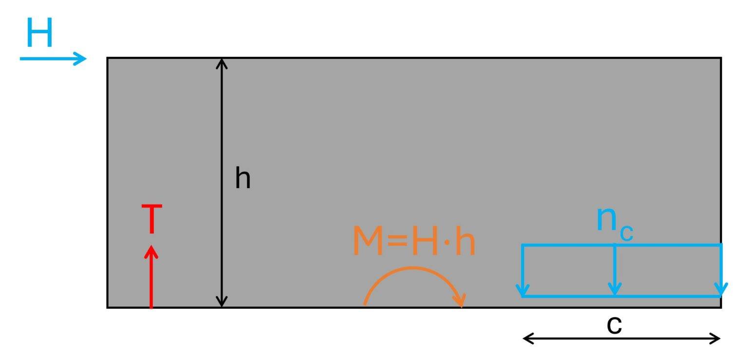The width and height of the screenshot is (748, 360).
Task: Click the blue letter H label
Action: click(x=40, y=32)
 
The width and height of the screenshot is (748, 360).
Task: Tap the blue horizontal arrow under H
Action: click(x=53, y=59)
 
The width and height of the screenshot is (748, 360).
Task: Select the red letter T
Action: click(x=152, y=219)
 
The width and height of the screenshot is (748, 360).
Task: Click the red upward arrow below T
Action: click(x=151, y=277)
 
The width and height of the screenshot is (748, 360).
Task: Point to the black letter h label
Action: click(x=243, y=178)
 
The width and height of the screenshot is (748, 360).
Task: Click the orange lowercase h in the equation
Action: click(x=465, y=241)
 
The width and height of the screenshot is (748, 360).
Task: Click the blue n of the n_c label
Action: click(x=606, y=218)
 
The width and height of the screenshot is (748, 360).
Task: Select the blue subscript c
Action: click(x=626, y=233)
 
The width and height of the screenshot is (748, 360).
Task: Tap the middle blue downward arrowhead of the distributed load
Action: click(x=615, y=289)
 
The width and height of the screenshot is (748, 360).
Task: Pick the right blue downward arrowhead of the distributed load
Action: click(x=721, y=290)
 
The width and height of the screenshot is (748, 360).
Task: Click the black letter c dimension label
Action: click(x=615, y=325)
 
